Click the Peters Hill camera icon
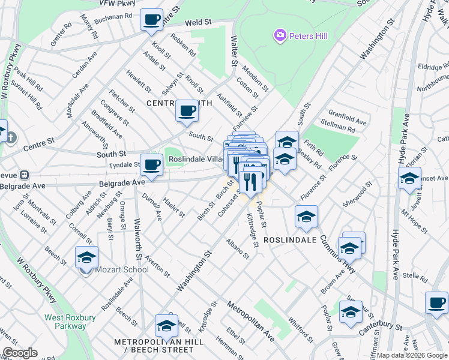(280, 36)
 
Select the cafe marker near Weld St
(151, 19)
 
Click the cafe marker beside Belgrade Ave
(151, 164)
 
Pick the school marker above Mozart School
(86, 257)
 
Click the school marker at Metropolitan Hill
(166, 326)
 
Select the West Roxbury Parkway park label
(65, 322)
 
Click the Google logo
(20, 353)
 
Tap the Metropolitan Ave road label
(250, 322)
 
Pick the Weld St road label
(199, 22)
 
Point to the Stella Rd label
(415, 276)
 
